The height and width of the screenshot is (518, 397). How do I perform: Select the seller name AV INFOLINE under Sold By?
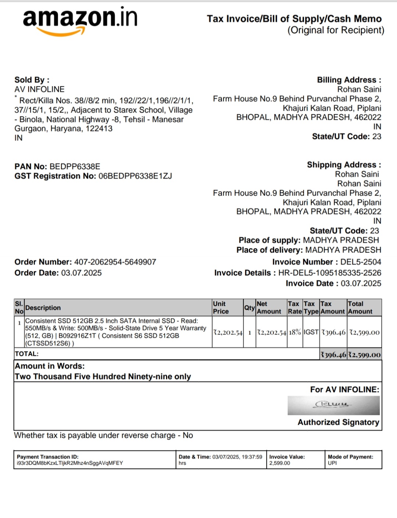[39, 89]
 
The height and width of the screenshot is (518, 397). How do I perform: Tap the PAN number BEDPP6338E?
[75, 167]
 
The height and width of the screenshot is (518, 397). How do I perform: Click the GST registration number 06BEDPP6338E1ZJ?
[135, 176]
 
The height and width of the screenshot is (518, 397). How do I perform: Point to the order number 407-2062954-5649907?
[115, 262]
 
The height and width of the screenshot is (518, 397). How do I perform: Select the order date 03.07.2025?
[81, 273]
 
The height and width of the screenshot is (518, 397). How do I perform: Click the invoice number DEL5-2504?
[361, 262]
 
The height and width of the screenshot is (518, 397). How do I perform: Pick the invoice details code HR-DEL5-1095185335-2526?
[330, 273]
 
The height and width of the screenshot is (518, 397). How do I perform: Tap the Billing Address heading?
[349, 80]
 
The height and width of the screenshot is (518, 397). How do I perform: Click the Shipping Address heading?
[344, 165]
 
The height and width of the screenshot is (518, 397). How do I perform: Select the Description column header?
[43, 308]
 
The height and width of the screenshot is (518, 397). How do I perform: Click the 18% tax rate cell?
[295, 332]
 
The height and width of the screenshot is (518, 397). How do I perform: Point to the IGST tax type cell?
[311, 332]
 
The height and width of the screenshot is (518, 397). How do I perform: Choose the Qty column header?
[250, 308]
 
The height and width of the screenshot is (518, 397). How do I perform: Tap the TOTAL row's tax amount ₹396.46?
[333, 355]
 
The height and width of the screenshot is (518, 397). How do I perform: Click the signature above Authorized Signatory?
[333, 405]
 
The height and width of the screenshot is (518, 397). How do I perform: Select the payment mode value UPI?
[332, 463]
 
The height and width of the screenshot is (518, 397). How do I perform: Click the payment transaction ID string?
[70, 463]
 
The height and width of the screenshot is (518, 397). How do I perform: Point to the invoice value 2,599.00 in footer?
[279, 463]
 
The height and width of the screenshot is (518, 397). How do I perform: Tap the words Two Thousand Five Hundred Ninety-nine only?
[103, 376]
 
